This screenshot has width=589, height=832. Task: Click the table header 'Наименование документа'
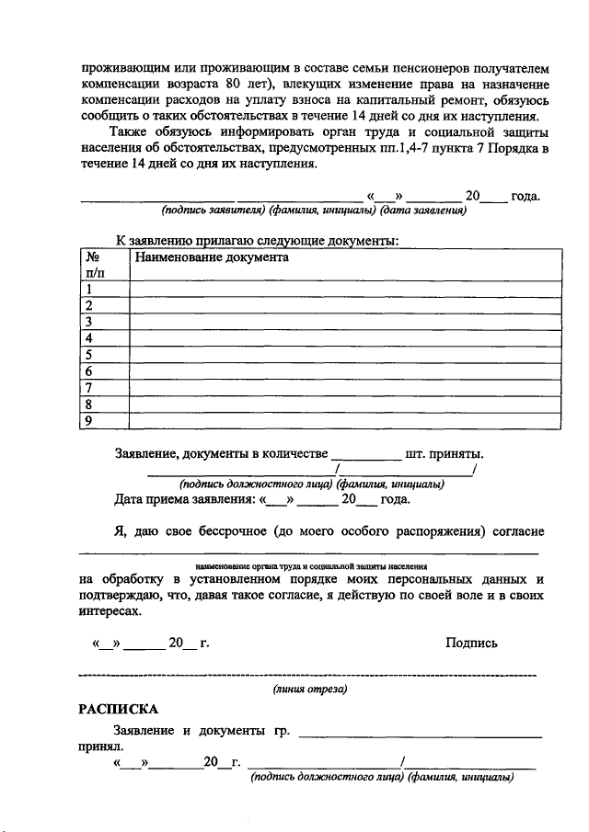212,258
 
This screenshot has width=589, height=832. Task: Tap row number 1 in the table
89,290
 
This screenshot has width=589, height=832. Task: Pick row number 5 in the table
89,356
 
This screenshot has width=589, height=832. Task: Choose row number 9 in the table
89,422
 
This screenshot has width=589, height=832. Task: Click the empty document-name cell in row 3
345,323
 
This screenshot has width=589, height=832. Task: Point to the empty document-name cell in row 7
345,389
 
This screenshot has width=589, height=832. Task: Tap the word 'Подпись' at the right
471,643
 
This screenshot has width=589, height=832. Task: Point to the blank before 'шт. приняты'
365,454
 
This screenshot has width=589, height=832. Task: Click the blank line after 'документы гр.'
420,734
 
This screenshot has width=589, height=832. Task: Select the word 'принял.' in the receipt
94,748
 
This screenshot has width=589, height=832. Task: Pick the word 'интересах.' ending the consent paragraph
110,610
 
